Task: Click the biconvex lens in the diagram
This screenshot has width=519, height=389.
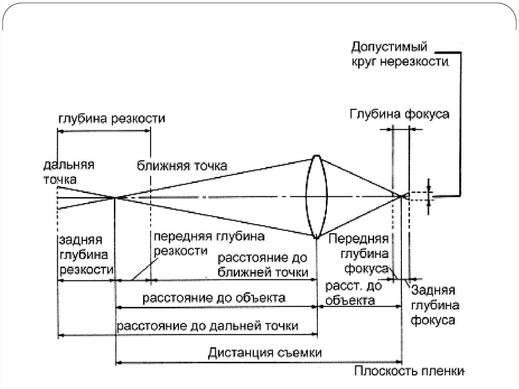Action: pos(316,197)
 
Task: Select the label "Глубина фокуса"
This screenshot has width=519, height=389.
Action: pos(399,114)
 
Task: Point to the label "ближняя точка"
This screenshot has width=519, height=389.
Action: pos(182,166)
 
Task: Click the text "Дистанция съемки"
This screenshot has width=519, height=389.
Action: pos(258,352)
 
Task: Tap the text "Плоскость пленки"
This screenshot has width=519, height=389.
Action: pos(409,371)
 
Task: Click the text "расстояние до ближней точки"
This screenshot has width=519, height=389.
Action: pos(263,265)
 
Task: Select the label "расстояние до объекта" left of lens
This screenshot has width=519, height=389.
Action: pos(213,297)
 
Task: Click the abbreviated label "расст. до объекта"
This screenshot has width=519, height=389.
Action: pos(353,293)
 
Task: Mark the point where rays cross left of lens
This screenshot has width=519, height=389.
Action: pos(116,197)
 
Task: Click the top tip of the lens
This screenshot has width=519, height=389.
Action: pos(316,156)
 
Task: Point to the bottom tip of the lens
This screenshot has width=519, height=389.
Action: pos(316,237)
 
